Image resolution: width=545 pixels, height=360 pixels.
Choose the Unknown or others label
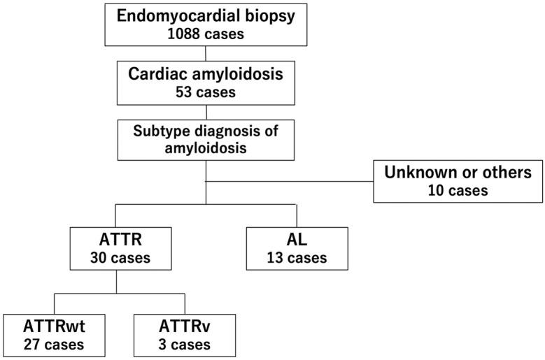tap(458, 172)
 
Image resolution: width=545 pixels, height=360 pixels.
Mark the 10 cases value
tap(458, 189)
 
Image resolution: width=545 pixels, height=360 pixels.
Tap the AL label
tap(297, 240)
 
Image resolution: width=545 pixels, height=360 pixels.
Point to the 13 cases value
tap(297, 257)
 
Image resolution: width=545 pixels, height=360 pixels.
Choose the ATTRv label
tap(184, 326)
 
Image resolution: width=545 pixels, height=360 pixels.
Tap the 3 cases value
tap(184, 344)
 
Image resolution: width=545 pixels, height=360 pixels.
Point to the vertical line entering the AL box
tap(297, 215)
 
